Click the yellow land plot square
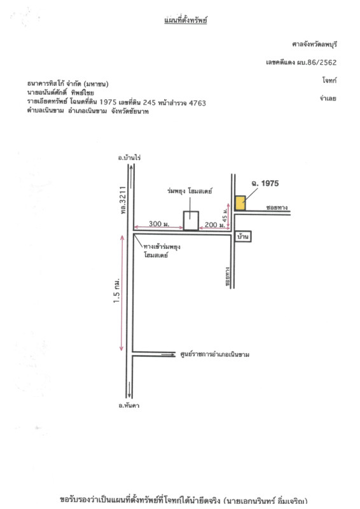tap(240, 203)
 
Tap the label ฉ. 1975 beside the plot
tap(265, 183)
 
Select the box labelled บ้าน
tap(243, 237)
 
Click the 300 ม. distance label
tap(159, 224)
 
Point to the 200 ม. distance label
tap(214, 225)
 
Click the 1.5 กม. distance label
tap(116, 291)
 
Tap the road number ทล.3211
tap(123, 200)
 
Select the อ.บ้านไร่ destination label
tap(129, 157)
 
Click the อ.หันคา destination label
tap(129, 405)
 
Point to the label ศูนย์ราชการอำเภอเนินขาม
tap(214, 354)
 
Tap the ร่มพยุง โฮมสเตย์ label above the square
tap(190, 191)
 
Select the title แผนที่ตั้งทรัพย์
tap(186, 20)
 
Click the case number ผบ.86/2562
tap(317, 62)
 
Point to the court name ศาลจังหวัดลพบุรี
tap(314, 44)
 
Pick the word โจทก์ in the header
tap(329, 80)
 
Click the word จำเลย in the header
tap(328, 98)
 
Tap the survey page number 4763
tap(197, 103)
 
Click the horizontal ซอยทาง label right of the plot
tap(277, 207)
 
